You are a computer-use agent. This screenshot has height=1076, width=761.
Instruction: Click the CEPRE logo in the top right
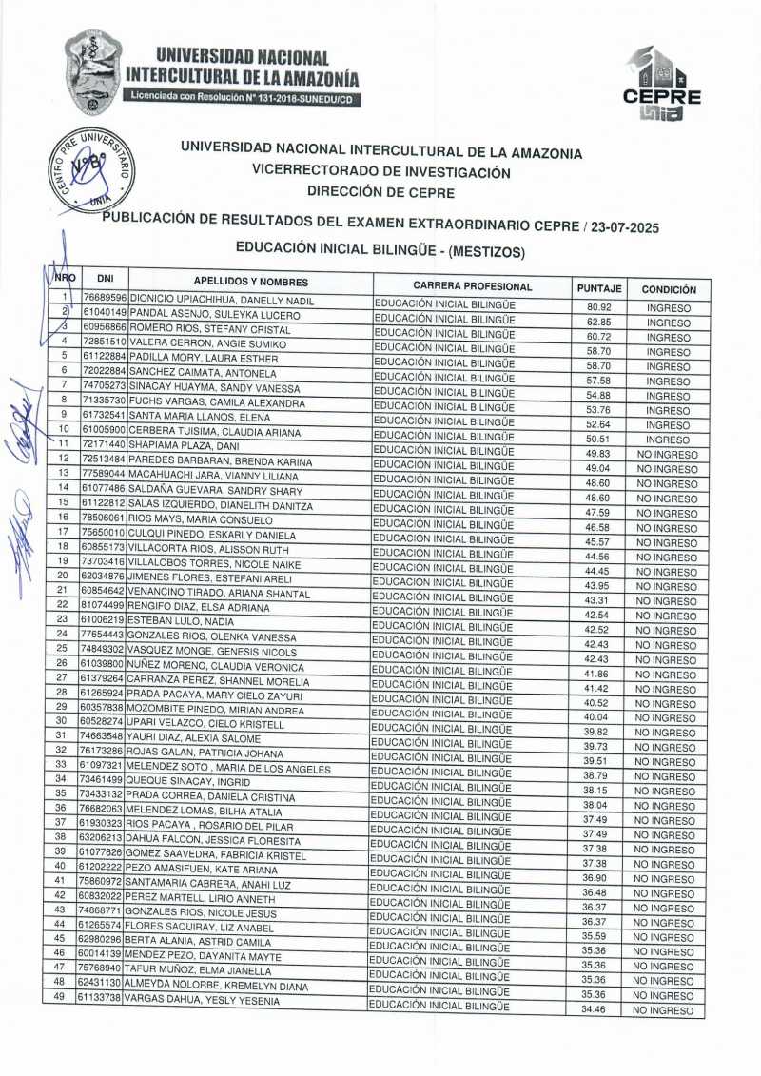(662, 84)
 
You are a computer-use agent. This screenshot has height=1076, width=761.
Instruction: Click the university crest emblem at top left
(92, 71)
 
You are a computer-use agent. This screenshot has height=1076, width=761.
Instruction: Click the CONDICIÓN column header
(668, 289)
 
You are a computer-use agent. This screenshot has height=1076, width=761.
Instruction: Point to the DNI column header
(106, 279)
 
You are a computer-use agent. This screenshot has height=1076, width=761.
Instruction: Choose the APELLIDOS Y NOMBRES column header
(251, 282)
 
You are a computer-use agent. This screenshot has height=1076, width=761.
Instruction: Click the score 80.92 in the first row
(598, 307)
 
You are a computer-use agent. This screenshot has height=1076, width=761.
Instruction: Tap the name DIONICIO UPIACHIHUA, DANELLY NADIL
(222, 299)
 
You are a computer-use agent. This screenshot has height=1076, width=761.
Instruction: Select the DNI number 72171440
(102, 444)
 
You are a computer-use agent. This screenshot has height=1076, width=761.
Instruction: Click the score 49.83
(597, 454)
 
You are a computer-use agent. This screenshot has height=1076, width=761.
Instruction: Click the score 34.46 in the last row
(594, 1009)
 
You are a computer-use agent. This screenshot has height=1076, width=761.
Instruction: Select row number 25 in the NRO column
(62, 648)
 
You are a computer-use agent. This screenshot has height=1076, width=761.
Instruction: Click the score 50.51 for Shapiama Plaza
(597, 440)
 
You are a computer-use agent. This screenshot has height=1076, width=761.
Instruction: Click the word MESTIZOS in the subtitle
(485, 251)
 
